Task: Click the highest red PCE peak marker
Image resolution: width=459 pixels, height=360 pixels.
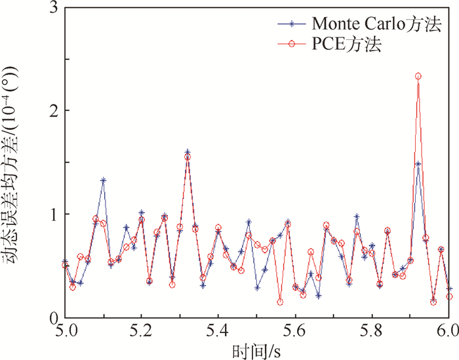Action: [418, 76]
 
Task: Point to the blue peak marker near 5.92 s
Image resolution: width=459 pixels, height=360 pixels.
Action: [418, 164]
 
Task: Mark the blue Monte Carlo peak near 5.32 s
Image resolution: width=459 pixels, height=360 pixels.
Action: [188, 151]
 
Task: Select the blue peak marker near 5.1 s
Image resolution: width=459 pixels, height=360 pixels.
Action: [103, 180]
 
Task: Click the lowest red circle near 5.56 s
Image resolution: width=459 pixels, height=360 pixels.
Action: [280, 302]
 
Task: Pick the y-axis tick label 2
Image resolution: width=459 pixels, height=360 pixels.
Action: [53, 110]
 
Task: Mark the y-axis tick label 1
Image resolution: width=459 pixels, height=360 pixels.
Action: [53, 214]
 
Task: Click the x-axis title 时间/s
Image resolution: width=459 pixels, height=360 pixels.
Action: [256, 351]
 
